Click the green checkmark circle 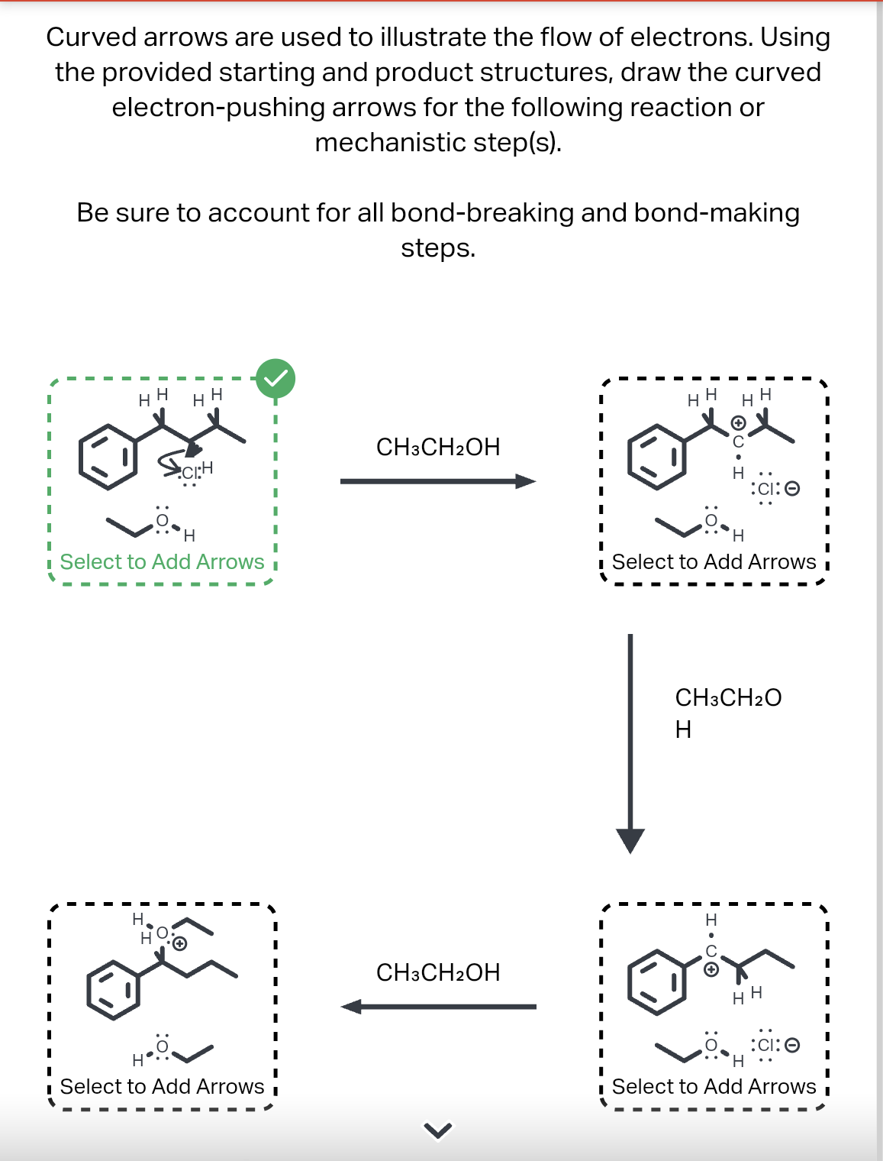[276, 379]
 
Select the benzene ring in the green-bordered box [108, 457]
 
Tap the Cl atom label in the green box [189, 473]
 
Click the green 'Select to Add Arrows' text [162, 562]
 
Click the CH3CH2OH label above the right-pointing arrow [438, 447]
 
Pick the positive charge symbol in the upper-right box [738, 422]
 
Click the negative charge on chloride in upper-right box [793, 488]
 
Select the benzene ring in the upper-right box [657, 457]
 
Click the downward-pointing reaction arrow [630, 741]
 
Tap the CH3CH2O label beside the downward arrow [728, 697]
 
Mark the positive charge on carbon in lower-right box [711, 969]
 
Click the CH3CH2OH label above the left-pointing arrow [438, 972]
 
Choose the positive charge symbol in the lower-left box [180, 943]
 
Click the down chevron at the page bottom [438, 1130]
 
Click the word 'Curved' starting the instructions [91, 37]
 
